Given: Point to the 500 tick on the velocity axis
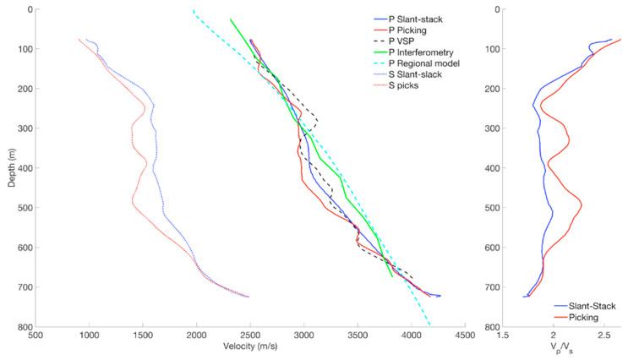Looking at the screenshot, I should tap(35, 335).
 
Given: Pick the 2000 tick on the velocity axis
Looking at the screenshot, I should tap(196, 335).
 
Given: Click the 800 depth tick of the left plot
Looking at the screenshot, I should tap(21, 327).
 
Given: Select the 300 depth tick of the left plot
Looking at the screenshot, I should tap(21, 128).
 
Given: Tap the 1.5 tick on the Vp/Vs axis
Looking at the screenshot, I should tap(504, 335).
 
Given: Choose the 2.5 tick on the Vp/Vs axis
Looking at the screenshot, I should tap(604, 335).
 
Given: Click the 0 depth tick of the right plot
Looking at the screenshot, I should tap(493, 9).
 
